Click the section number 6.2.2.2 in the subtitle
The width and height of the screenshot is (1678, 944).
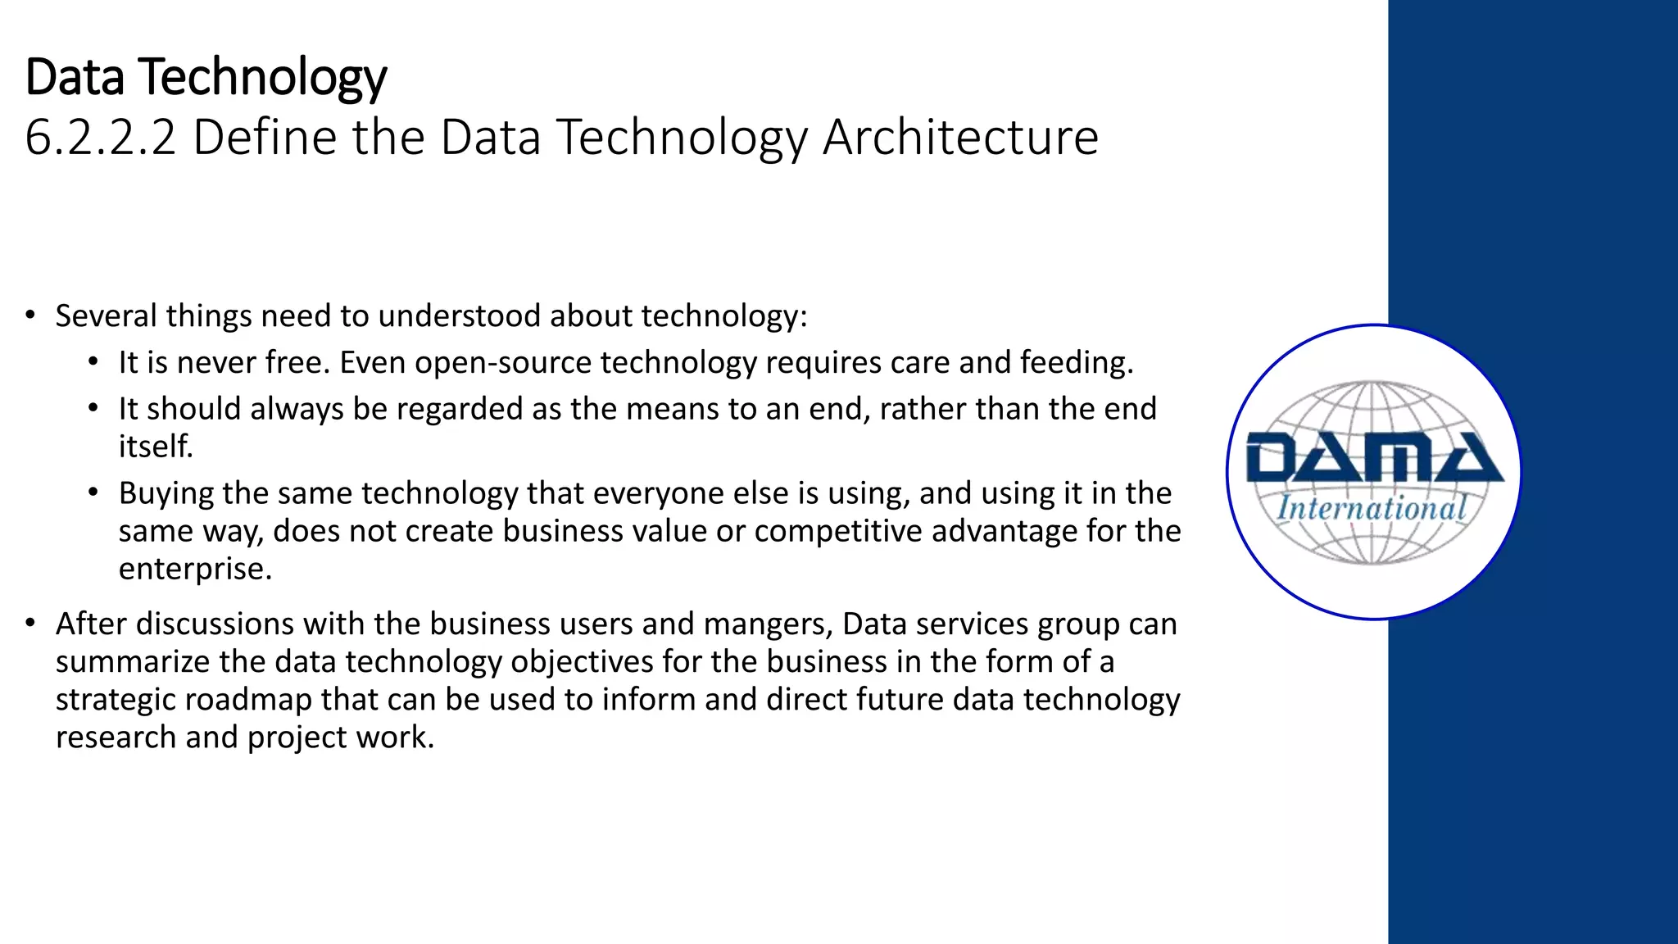point(101,137)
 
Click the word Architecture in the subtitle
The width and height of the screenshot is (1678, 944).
point(960,137)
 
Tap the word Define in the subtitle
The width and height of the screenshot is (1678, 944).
point(265,137)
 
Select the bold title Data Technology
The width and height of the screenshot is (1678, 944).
point(206,77)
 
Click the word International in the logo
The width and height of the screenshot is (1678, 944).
point(1372,508)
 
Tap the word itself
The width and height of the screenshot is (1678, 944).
point(156,447)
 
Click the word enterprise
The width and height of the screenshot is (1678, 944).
point(195,569)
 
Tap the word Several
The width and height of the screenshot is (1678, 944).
point(106,316)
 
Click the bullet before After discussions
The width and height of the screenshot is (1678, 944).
point(30,624)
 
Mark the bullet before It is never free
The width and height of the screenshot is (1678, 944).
point(93,362)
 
